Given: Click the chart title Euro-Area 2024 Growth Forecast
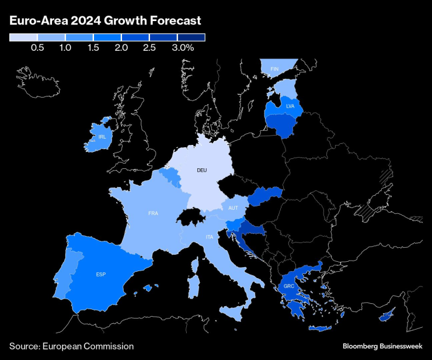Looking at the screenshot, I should tap(105, 21).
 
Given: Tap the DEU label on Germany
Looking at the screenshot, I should tap(201, 170).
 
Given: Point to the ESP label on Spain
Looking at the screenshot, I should tap(101, 274).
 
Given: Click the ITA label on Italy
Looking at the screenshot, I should tap(208, 237).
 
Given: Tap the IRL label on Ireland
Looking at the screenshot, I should tap(102, 137).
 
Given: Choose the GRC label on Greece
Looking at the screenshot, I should tap(288, 286).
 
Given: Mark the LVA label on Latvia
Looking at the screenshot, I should tap(290, 106).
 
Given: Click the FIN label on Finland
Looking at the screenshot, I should tap(274, 69).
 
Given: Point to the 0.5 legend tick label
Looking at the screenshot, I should tap(37, 48).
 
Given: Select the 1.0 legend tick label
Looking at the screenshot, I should tap(65, 48).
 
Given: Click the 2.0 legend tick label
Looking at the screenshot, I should tap(121, 48).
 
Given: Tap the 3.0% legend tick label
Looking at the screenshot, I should tap(183, 48).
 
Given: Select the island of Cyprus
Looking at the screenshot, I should tap(386, 317).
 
